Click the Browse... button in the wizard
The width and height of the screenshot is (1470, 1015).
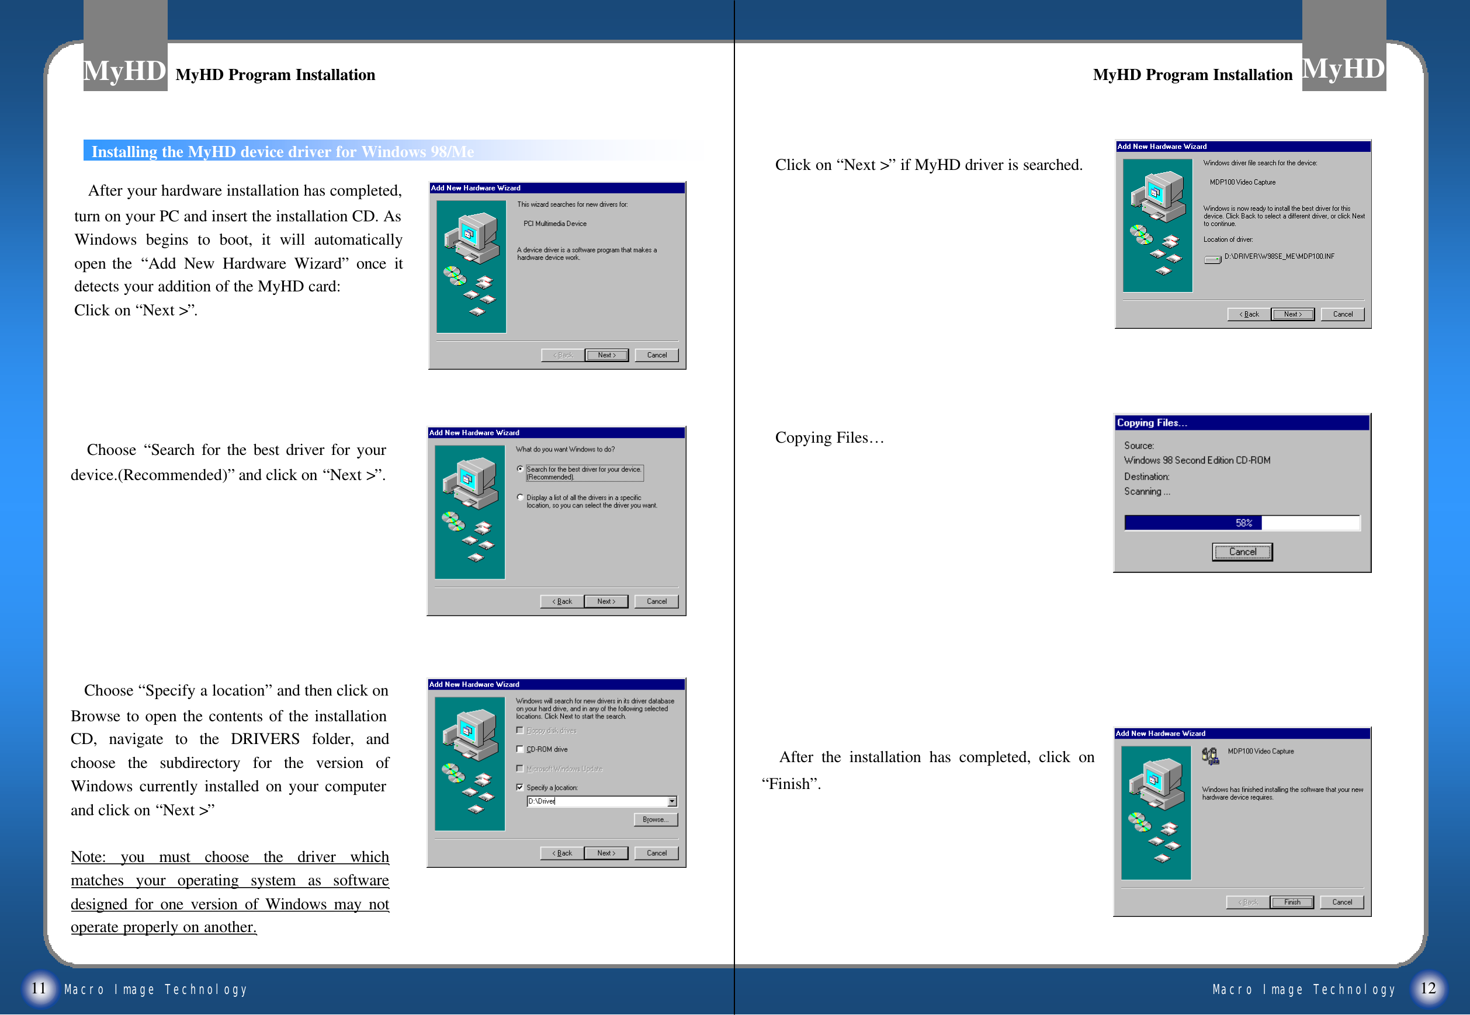coord(655,820)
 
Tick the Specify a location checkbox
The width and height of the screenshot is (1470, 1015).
coord(519,787)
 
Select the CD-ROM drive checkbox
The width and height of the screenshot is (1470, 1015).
coord(519,749)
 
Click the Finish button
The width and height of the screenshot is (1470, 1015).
coord(1291,902)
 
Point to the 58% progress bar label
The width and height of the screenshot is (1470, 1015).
coord(1243,523)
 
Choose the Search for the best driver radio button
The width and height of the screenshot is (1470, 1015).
coord(521,470)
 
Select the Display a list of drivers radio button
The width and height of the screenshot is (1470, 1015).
coord(521,498)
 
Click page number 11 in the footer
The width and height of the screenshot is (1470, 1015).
coord(39,988)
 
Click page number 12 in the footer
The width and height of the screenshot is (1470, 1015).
coord(1429,988)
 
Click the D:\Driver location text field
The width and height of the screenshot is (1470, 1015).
coord(595,801)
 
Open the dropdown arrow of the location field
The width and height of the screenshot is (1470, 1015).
coord(672,801)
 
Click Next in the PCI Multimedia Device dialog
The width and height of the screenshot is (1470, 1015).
coord(606,355)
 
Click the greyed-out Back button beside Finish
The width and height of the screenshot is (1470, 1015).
coord(1247,902)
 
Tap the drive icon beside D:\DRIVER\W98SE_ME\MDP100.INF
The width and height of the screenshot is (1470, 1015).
coord(1212,259)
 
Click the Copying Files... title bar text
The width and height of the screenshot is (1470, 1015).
coord(1152,423)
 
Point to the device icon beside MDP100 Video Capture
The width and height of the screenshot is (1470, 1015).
coord(1210,756)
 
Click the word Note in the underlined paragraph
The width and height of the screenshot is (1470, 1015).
coord(87,857)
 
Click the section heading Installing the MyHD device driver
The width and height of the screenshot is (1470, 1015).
coord(282,151)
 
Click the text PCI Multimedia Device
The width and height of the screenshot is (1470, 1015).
coord(554,224)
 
